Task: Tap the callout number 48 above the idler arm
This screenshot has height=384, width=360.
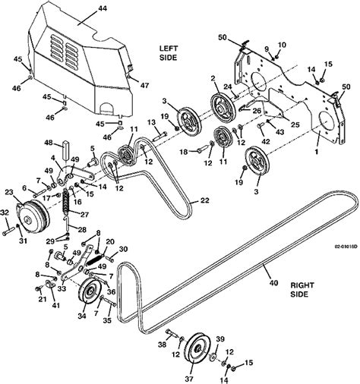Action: click(x=47, y=142)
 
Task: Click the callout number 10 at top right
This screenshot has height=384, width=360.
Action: click(x=282, y=46)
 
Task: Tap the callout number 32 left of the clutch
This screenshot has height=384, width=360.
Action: click(x=5, y=212)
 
